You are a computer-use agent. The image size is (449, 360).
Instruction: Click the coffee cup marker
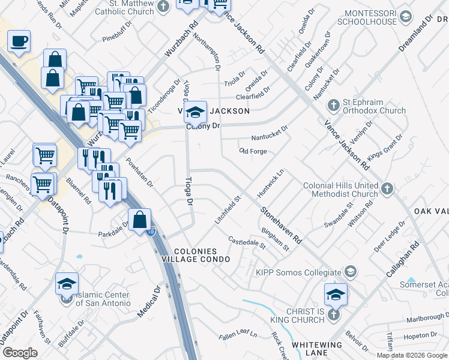19,41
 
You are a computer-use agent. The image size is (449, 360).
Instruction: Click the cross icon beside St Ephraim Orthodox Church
334,106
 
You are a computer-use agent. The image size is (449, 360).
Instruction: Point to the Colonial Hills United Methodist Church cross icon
387,190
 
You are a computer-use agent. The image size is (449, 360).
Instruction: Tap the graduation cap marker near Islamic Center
67,283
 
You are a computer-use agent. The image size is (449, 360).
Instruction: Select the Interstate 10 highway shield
151,232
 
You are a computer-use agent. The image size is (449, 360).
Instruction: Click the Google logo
19,353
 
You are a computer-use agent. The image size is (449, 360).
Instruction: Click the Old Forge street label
253,151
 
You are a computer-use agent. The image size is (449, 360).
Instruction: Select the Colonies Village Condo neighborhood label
202,254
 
